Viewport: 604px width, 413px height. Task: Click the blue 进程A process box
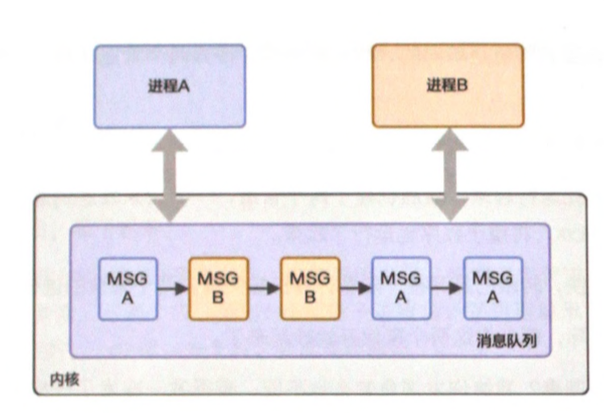pyautogui.click(x=169, y=85)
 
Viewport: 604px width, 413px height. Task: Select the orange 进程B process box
pyautogui.click(x=447, y=85)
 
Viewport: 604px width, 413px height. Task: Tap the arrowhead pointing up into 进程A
pyautogui.click(x=169, y=141)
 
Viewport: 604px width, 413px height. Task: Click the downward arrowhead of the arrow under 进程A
pyautogui.click(x=169, y=210)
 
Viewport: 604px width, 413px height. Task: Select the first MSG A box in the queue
pyautogui.click(x=125, y=287)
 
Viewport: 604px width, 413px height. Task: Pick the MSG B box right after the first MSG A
pyautogui.click(x=217, y=287)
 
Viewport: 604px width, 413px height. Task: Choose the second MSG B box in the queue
pyautogui.click(x=310, y=287)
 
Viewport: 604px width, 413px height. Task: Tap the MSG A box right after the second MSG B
pyautogui.click(x=401, y=287)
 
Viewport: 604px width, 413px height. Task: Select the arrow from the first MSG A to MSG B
pyautogui.click(x=171, y=287)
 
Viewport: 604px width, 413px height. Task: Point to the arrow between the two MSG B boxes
pyautogui.click(x=263, y=287)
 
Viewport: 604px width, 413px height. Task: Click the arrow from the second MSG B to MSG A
pyautogui.click(x=355, y=287)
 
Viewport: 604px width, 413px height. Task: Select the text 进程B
pyautogui.click(x=447, y=85)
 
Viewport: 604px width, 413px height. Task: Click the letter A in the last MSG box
pyautogui.click(x=493, y=296)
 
